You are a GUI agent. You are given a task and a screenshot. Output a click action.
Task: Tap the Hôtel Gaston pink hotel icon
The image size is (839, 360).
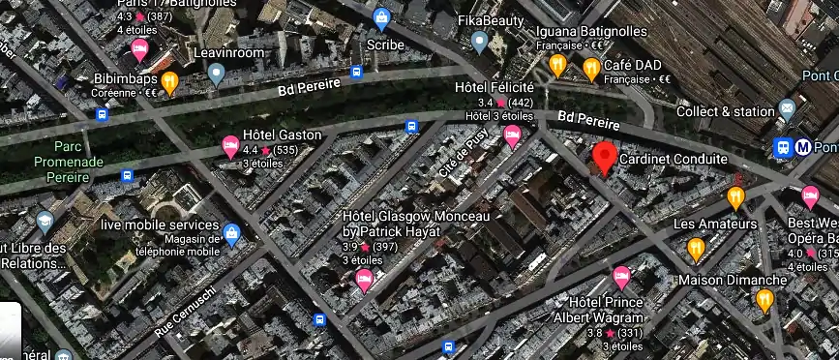[230, 147]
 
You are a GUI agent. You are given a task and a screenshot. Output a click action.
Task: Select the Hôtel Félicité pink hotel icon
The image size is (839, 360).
[512, 136]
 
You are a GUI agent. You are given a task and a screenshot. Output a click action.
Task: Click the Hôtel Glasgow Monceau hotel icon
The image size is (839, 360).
[365, 281]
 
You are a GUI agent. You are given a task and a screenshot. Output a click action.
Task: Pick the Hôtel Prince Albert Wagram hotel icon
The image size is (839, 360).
[621, 277]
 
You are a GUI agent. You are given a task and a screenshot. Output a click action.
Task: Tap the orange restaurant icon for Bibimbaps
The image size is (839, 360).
[169, 83]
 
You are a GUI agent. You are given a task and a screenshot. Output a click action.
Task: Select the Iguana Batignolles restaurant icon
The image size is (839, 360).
[557, 65]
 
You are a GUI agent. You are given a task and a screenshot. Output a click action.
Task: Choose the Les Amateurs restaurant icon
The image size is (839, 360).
[735, 198]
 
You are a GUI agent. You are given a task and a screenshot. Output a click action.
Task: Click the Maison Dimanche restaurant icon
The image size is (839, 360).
[764, 301]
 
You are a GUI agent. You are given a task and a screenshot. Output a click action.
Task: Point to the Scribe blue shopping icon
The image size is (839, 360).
[383, 17]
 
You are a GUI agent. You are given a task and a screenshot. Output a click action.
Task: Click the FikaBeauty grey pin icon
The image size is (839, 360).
[479, 41]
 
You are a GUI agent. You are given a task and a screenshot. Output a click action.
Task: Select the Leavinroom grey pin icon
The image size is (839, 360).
[217, 74]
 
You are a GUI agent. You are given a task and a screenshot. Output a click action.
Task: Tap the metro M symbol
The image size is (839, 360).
[803, 148]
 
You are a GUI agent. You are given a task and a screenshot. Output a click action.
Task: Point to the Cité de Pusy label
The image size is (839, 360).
[463, 156]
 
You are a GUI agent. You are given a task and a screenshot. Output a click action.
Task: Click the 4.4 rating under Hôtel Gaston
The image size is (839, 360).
[250, 151]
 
